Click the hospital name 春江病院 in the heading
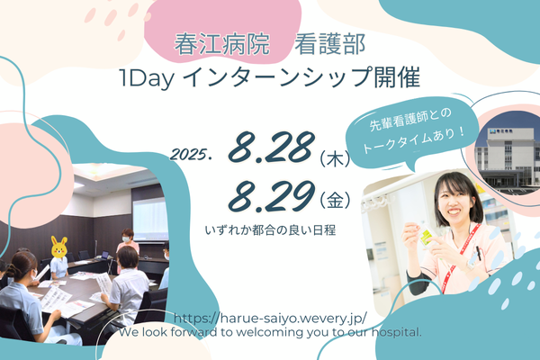point(221,44)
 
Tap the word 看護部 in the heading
point(329,44)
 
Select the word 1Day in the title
point(146,78)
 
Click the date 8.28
point(272,147)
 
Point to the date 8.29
point(272,196)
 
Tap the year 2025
point(190,155)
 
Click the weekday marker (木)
point(335,159)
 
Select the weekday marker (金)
point(335,201)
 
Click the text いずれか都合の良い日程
point(270,230)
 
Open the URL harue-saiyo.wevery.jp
point(270,318)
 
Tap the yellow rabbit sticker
point(58,247)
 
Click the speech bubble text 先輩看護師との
point(410,119)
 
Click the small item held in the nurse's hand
point(427,235)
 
